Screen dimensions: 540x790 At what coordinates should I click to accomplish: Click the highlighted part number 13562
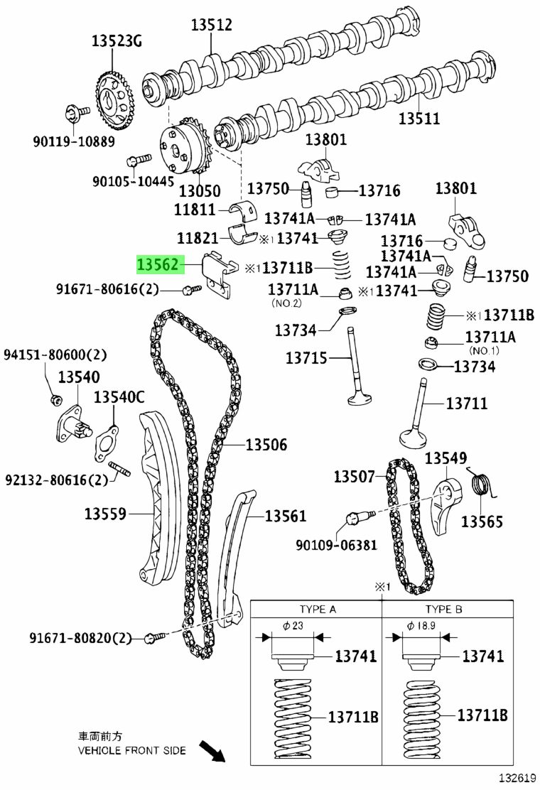158,264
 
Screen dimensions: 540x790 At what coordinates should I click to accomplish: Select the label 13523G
117,40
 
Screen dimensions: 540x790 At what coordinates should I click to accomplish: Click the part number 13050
200,191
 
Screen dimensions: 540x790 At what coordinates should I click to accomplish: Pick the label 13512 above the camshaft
211,24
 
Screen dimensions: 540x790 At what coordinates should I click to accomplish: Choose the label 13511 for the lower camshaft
419,119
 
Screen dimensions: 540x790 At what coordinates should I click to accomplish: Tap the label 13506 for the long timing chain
266,445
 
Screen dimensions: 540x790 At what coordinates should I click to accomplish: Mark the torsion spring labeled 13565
482,482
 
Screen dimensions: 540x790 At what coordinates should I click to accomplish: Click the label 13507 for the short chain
355,476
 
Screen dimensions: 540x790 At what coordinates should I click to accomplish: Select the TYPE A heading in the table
318,609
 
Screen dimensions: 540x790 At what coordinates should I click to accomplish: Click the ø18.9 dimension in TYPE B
421,625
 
